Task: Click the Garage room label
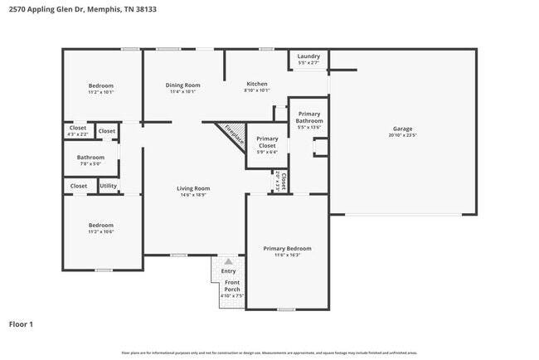point(402,129)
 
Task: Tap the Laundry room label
point(308,56)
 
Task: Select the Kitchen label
point(256,85)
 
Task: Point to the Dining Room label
point(182,85)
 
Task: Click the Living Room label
point(193,188)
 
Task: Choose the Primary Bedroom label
point(287,248)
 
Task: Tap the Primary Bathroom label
point(309,117)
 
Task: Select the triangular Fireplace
point(231,135)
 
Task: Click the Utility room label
point(109,186)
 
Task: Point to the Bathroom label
point(90,158)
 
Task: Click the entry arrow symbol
point(229,261)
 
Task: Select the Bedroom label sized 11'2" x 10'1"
point(101,86)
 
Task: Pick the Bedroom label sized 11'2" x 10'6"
point(101,226)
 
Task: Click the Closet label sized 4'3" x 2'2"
point(78,128)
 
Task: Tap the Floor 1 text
point(21,324)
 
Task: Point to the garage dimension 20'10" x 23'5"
point(402,134)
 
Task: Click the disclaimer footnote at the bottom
point(269,353)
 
